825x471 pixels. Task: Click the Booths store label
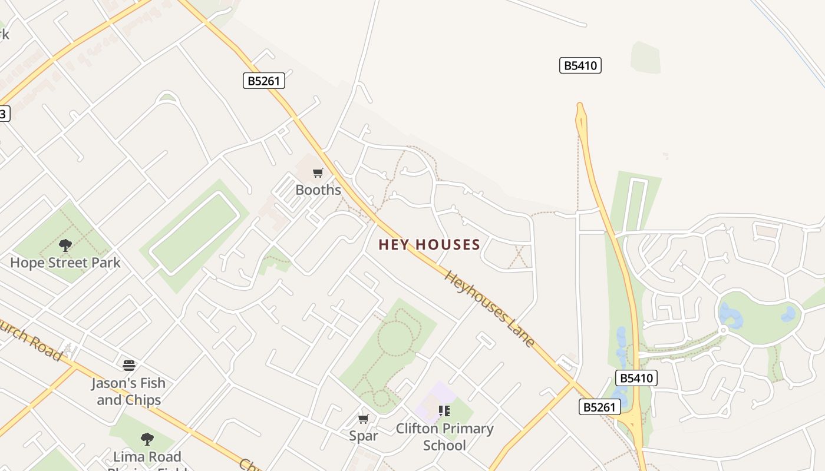[x=318, y=190]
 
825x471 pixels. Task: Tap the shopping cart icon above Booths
[x=318, y=173]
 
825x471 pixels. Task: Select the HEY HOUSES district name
[x=429, y=244]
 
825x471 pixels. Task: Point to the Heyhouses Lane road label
[x=490, y=309]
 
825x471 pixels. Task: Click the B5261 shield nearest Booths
[x=263, y=81]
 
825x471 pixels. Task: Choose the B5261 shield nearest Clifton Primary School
[x=599, y=407]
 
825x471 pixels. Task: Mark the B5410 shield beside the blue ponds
[x=636, y=378]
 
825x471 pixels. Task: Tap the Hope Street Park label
[x=65, y=263]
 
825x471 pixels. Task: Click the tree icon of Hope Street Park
[x=65, y=246]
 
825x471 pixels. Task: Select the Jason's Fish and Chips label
[x=128, y=392]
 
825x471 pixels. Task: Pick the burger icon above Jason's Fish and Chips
[x=129, y=366]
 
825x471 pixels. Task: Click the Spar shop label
[x=363, y=436]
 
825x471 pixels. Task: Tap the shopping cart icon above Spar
[x=364, y=419]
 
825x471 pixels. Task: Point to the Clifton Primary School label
[x=444, y=436]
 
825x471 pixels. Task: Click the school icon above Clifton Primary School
[x=444, y=411]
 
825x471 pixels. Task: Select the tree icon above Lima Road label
[x=147, y=439]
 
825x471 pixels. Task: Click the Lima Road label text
[x=147, y=456]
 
